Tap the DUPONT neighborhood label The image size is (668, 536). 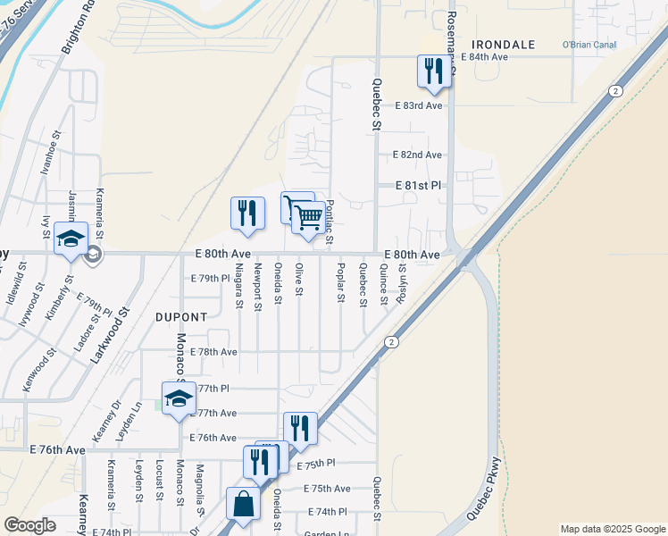click(x=181, y=316)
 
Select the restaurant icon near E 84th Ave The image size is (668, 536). click(x=434, y=71)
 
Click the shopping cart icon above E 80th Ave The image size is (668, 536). click(x=308, y=216)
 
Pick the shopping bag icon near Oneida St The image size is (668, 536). click(x=244, y=505)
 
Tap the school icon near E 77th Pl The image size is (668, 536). click(x=179, y=398)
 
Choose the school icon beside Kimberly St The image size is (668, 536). click(x=71, y=239)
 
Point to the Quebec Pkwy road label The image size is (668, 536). click(x=485, y=489)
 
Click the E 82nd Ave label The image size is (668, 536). click(x=417, y=155)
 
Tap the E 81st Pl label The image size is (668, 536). click(x=419, y=186)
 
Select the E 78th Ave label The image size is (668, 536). click(x=213, y=352)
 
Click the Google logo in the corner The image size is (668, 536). click(x=29, y=525)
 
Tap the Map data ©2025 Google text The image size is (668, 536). click(x=612, y=529)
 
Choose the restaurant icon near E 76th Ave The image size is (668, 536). click(x=300, y=428)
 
